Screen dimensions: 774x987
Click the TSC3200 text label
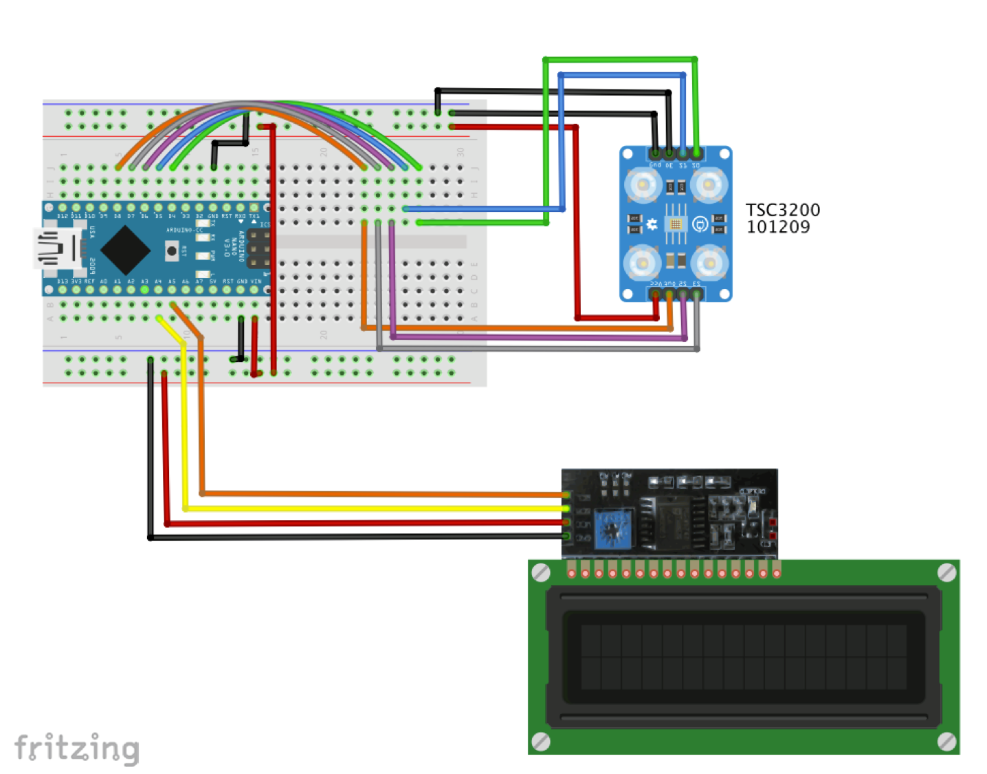[x=782, y=210]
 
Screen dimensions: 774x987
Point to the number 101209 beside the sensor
[x=778, y=227]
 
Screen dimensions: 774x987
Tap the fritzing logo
[x=77, y=749]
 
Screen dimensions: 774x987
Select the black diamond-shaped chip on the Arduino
[x=125, y=248]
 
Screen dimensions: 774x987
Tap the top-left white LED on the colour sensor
[x=643, y=184]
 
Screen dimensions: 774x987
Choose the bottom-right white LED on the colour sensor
[x=709, y=263]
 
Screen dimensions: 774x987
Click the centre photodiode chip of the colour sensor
[x=676, y=224]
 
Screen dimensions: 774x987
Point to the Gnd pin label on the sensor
[x=655, y=165]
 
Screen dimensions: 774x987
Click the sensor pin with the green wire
[x=696, y=153]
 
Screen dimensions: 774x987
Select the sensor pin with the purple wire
[x=683, y=294]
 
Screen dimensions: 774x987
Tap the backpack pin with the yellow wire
[x=566, y=508]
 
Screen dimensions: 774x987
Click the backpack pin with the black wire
[x=566, y=536]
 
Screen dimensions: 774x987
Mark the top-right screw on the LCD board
[x=946, y=572]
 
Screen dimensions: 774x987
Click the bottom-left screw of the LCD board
[x=541, y=741]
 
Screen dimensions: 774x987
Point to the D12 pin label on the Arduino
[x=63, y=216]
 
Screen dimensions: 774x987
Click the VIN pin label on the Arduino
[x=256, y=281]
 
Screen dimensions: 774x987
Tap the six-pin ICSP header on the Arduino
[x=259, y=248]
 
